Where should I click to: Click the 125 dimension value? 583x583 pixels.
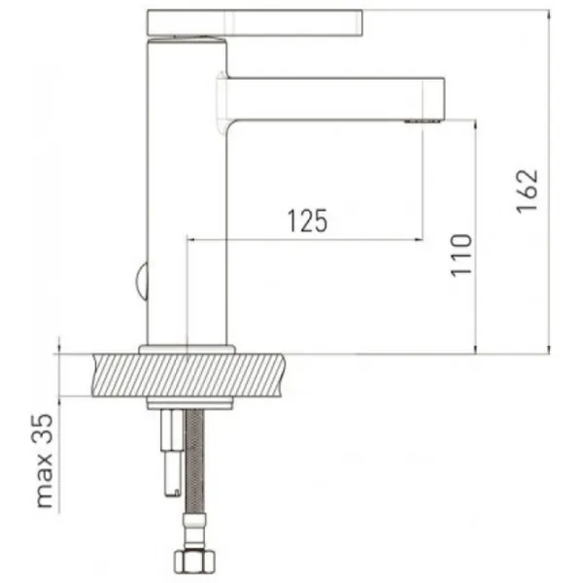[x=307, y=221]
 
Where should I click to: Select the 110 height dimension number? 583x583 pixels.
[x=461, y=256]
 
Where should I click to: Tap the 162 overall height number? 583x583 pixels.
[x=528, y=191]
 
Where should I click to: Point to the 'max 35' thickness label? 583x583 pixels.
[x=44, y=461]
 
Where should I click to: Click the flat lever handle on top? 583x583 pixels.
[x=255, y=23]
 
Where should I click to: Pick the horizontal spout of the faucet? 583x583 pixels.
[x=334, y=99]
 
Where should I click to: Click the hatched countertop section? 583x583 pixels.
[x=189, y=375]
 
